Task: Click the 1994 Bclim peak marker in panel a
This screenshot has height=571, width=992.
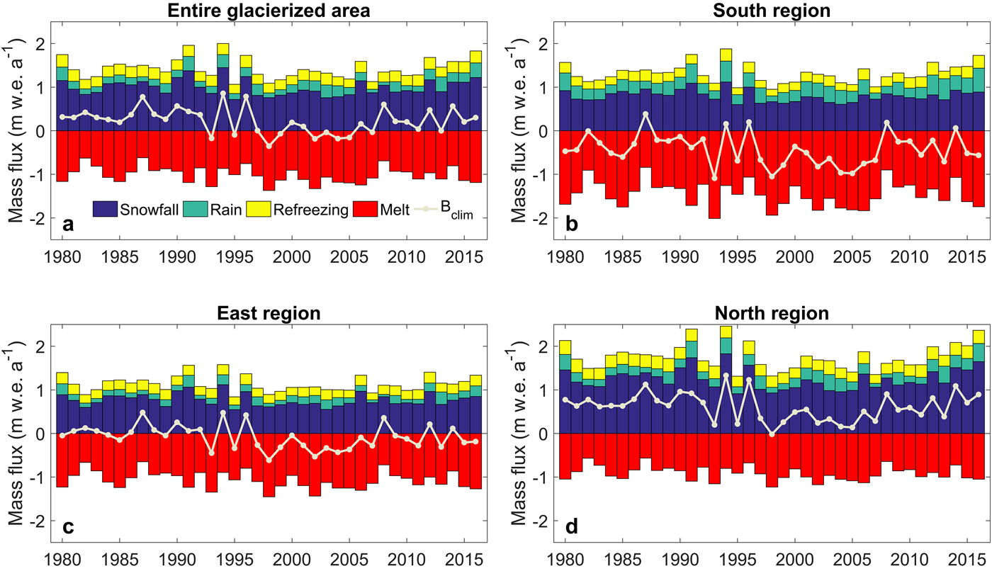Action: (223, 94)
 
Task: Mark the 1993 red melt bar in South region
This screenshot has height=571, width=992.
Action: (714, 174)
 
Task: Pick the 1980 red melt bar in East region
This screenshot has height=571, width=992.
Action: (62, 460)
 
